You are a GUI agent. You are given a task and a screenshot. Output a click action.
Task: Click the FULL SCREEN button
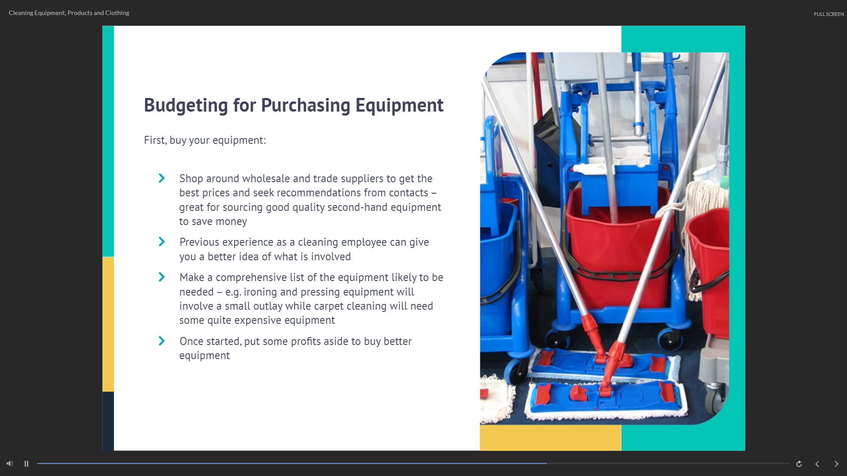(828, 14)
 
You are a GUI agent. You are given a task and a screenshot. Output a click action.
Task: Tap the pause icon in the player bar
(26, 464)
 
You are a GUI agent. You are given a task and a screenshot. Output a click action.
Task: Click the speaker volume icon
(10, 464)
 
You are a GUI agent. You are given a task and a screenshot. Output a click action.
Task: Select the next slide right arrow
(836, 464)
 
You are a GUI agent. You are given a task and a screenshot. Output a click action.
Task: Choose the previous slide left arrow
(817, 464)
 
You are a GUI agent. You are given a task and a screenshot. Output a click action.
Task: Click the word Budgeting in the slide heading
(186, 105)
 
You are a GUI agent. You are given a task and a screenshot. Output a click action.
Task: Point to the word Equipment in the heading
(399, 105)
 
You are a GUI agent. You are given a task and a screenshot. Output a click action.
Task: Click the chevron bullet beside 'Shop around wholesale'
(162, 178)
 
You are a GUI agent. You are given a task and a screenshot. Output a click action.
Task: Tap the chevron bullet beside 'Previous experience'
(162, 242)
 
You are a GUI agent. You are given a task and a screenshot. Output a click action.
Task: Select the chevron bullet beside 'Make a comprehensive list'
(162, 277)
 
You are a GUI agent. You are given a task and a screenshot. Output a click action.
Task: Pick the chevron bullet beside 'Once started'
(162, 341)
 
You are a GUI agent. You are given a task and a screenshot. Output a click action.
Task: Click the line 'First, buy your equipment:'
(205, 140)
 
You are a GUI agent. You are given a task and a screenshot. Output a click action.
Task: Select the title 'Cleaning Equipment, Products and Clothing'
(69, 13)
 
